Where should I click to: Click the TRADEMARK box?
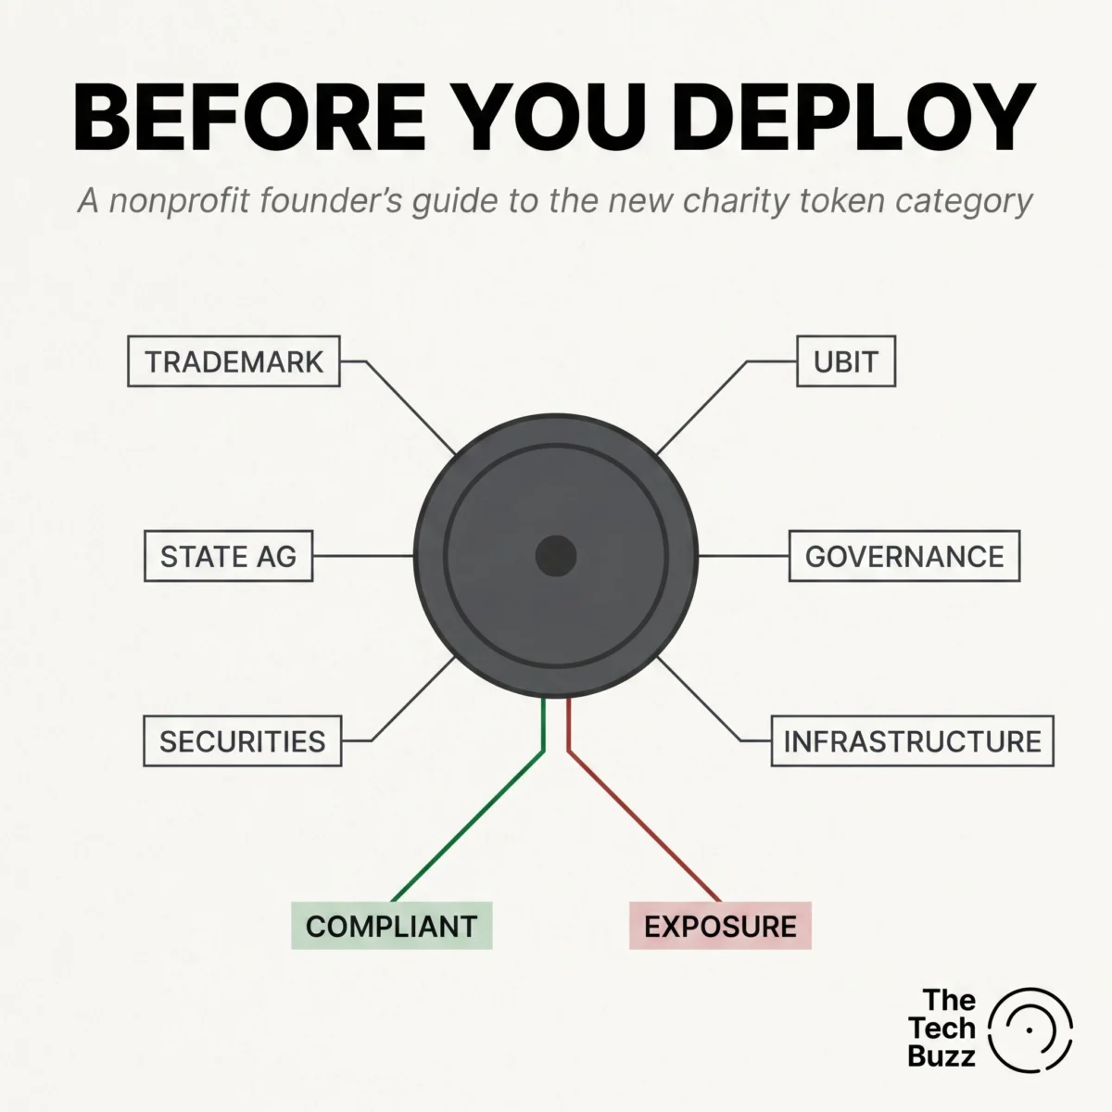coord(234,361)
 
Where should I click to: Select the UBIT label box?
coord(846,361)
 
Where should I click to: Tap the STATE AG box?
coord(229,556)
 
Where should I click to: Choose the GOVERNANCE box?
coord(904,556)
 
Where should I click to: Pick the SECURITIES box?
coord(243,741)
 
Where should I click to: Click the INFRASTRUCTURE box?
coord(913,741)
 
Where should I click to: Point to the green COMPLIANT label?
coord(392,926)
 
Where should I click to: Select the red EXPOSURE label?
coord(720,926)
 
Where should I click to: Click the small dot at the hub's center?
coord(556,556)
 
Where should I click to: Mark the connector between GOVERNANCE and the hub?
coord(743,556)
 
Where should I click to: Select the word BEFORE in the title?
coord(249,118)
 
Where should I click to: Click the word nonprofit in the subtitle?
coord(180,201)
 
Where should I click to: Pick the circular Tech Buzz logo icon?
coord(1030,1030)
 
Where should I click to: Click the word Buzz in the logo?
coord(941,1055)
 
